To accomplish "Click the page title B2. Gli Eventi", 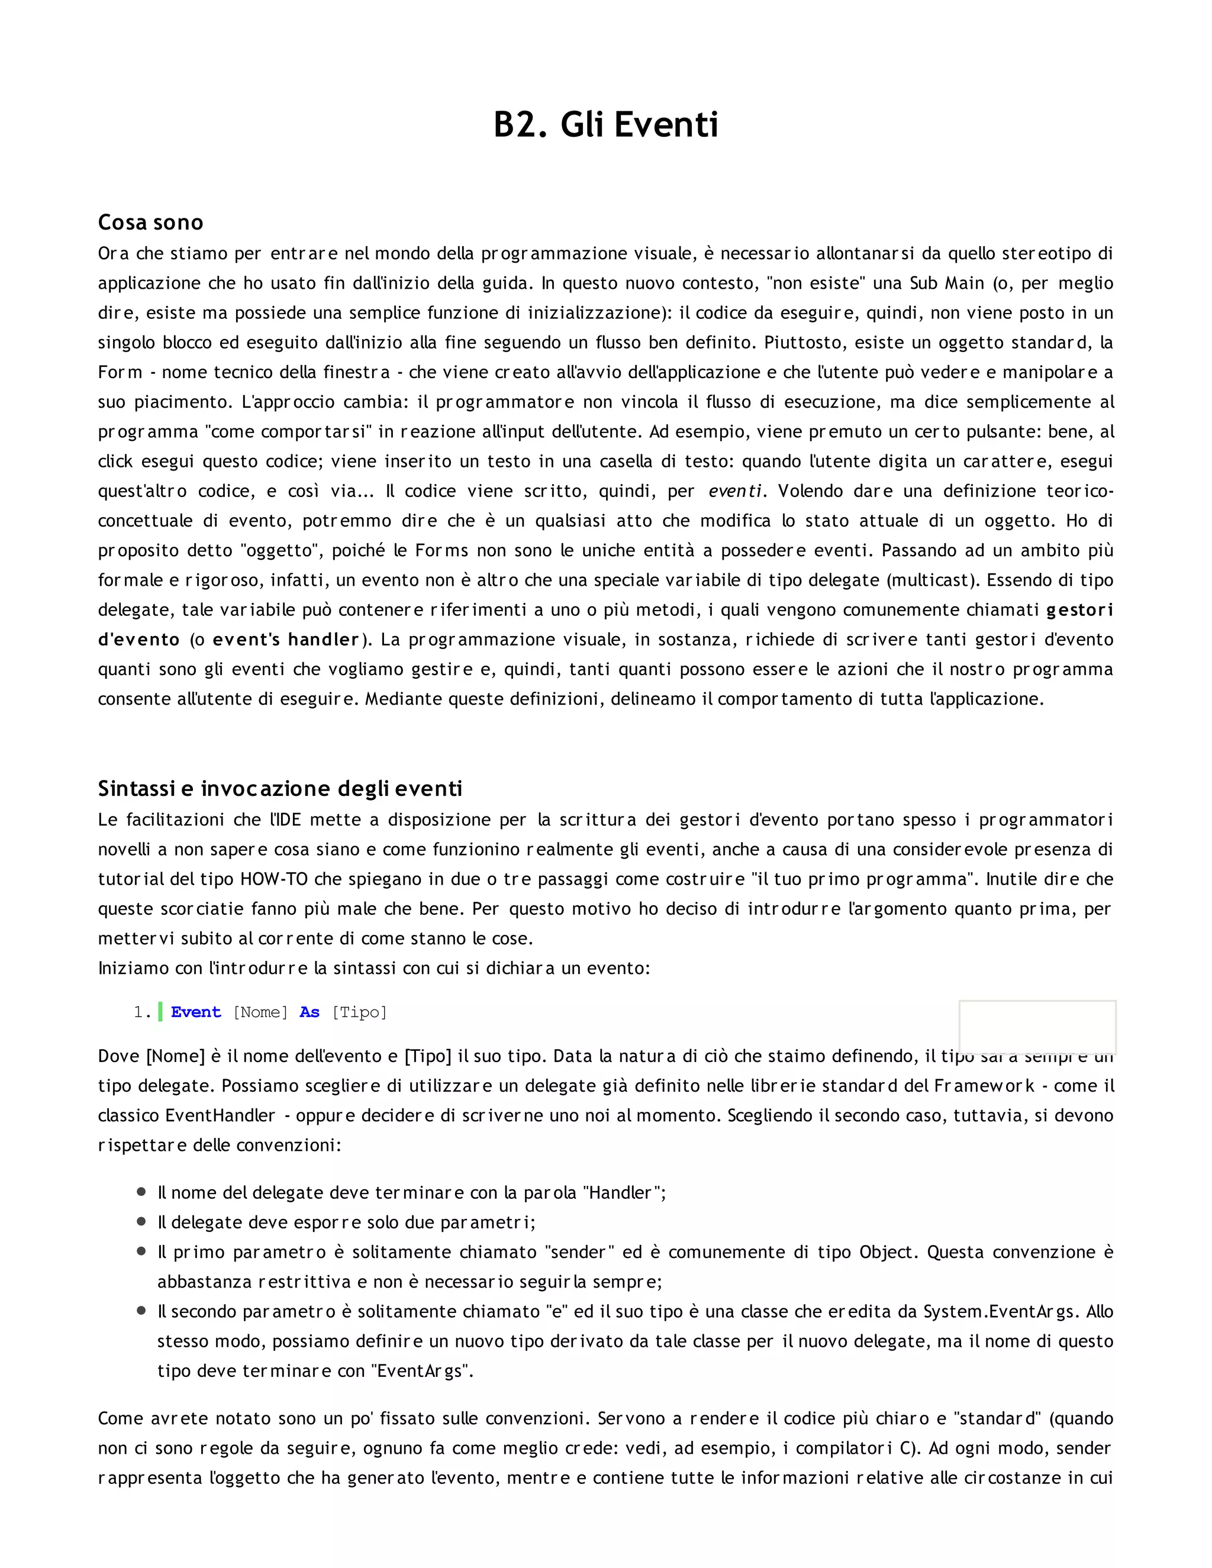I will (x=605, y=124).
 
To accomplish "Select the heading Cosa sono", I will (x=151, y=222).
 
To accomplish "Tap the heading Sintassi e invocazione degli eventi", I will (x=280, y=789).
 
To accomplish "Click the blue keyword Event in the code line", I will (x=196, y=1012).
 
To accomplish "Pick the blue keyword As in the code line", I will (x=310, y=1012).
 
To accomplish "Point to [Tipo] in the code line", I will (x=359, y=1012).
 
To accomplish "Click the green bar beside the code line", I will (x=160, y=1012).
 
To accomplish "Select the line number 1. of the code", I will (x=142, y=1012).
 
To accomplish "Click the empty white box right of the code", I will (x=1037, y=1026).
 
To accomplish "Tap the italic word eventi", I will (x=735, y=491).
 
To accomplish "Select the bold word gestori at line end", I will (x=1079, y=610).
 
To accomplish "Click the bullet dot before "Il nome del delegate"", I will (x=141, y=1192).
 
